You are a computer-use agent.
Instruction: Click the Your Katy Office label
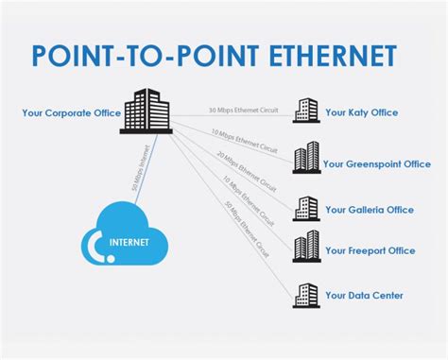361,112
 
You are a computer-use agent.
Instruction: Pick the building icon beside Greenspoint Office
305,157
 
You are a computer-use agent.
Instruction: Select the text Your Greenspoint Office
377,163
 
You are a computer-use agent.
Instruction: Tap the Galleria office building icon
305,208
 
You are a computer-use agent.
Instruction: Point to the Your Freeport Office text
370,250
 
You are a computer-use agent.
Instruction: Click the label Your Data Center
364,296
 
